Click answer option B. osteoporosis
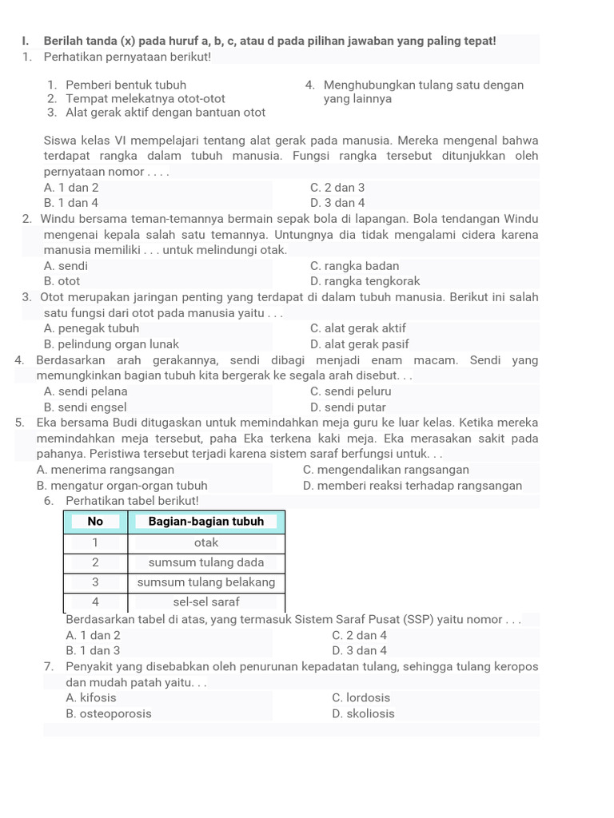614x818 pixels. pyautogui.click(x=109, y=713)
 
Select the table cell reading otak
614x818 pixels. pyautogui.click(x=206, y=542)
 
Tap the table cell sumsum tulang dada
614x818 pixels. pyautogui.click(x=206, y=562)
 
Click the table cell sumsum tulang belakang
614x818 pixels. pyautogui.click(x=206, y=582)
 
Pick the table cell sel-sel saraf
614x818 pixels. pyautogui.click(x=206, y=601)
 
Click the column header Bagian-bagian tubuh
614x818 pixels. pyautogui.click(x=206, y=522)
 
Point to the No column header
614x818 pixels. pyautogui.click(x=95, y=522)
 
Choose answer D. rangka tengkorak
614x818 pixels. pyautogui.click(x=365, y=281)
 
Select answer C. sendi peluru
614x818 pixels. pyautogui.click(x=350, y=391)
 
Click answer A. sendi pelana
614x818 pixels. pyautogui.click(x=86, y=391)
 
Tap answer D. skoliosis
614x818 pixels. pyautogui.click(x=362, y=713)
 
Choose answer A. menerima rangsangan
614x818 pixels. pyautogui.click(x=106, y=470)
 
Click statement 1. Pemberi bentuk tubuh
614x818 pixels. pyautogui.click(x=117, y=85)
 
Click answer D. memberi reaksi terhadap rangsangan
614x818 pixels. pyautogui.click(x=413, y=485)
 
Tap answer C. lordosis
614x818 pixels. pyautogui.click(x=361, y=697)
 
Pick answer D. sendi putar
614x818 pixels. pyautogui.click(x=348, y=407)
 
